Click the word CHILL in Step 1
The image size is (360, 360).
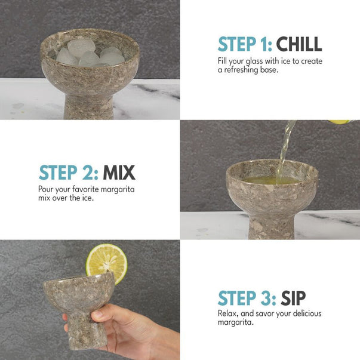tap(299, 44)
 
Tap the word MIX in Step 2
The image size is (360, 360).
tap(119, 173)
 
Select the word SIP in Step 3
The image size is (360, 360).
tap(293, 298)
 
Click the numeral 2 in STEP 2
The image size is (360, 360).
tap(88, 173)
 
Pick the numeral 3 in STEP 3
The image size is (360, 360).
tap(266, 298)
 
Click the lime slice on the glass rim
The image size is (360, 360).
tap(107, 263)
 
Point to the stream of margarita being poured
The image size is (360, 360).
tap(285, 152)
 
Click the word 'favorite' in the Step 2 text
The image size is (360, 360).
tap(85, 189)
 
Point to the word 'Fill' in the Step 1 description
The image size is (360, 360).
tap(222, 61)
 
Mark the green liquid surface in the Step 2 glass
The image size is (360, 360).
tap(271, 180)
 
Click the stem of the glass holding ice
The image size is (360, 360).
tap(89, 107)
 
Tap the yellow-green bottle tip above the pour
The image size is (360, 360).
tap(339, 122)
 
